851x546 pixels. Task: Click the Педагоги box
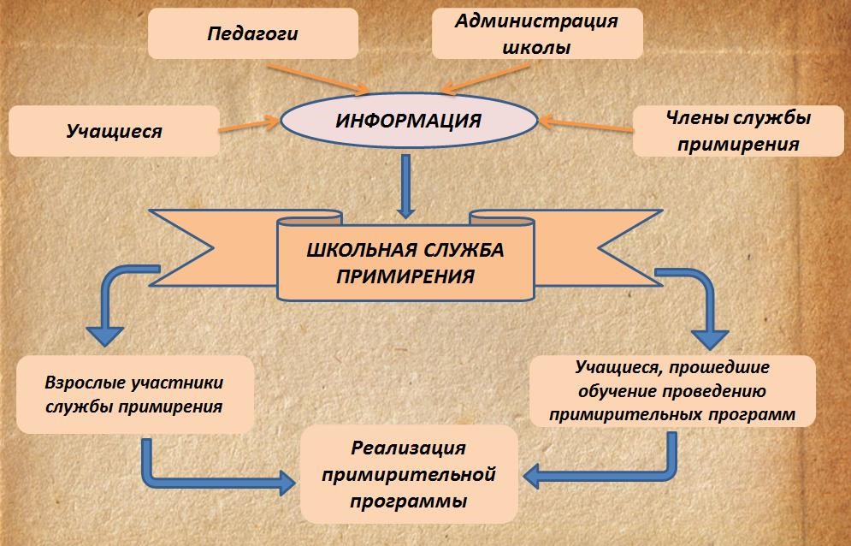click(x=253, y=33)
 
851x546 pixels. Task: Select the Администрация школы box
click(x=537, y=33)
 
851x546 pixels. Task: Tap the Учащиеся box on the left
click(x=114, y=131)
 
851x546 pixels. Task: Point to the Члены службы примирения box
click(x=738, y=131)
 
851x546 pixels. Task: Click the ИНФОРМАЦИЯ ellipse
click(x=409, y=120)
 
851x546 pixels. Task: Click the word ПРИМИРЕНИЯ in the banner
click(x=405, y=276)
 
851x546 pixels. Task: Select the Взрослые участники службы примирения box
click(x=135, y=395)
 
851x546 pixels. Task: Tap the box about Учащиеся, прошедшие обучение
click(x=672, y=391)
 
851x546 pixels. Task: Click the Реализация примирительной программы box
click(x=409, y=474)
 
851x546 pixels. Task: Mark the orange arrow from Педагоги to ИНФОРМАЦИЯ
click(x=318, y=80)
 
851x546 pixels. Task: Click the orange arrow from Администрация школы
click(x=485, y=79)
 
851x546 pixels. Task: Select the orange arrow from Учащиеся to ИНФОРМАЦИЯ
click(x=249, y=125)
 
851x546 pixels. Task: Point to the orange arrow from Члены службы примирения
click(x=586, y=125)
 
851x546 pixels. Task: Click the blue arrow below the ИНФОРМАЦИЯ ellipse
click(x=405, y=187)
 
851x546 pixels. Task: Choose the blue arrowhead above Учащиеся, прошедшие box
click(x=710, y=340)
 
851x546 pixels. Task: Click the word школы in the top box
click(x=536, y=47)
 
